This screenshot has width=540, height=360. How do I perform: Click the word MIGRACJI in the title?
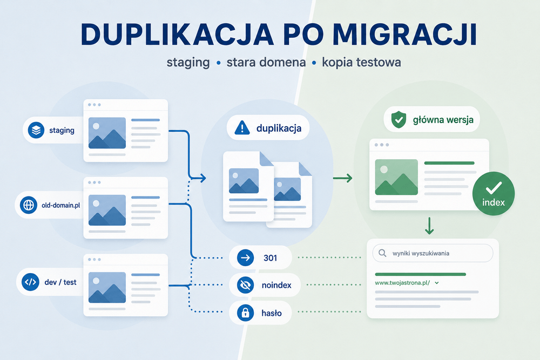tap(404, 35)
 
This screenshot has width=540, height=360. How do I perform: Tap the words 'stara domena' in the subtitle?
tap(266, 62)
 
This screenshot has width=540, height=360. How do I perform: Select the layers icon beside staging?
tap(36, 130)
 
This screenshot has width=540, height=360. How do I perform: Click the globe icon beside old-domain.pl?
tap(29, 205)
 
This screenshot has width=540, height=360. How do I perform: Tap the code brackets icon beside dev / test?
tap(30, 282)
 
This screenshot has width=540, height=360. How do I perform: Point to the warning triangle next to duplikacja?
tap(242, 128)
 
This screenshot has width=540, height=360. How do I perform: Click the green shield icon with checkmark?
tap(399, 119)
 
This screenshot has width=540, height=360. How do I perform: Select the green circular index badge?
tap(494, 193)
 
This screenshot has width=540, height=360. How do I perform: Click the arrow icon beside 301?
tap(246, 257)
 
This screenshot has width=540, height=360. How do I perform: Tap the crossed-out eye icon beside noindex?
tap(246, 285)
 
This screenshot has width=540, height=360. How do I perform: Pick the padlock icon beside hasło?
tap(246, 313)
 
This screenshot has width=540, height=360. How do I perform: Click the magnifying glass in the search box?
tap(382, 253)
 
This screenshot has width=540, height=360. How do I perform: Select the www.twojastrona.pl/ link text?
tap(402, 283)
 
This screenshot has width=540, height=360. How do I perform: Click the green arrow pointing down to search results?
tap(429, 226)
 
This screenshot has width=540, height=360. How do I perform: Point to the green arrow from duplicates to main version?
tap(343, 178)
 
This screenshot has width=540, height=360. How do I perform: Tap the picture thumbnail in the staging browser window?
tap(107, 133)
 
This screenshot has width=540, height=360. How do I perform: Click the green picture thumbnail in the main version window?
tap(396, 177)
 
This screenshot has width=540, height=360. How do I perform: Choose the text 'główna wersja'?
tap(443, 120)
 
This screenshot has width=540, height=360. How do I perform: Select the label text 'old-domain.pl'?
tap(60, 206)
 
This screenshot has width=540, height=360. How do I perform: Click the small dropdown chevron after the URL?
tap(437, 283)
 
